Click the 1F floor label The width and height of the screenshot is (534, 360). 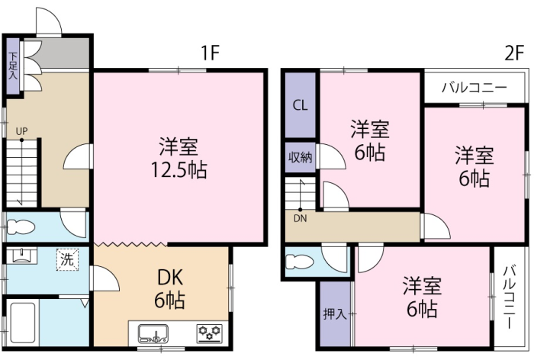coord(210,53)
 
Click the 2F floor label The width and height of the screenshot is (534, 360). coord(514,53)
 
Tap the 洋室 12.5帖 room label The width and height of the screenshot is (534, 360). coord(179,158)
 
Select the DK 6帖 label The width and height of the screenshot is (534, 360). coord(170,288)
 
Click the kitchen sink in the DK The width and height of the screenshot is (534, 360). coord(153,333)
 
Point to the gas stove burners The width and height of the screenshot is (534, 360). coord(210,333)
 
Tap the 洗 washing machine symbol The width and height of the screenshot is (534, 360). coord(67,260)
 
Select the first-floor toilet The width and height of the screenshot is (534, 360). coord(21,227)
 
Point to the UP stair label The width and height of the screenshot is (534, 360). coord(22,131)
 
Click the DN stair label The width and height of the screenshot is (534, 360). coord(300,219)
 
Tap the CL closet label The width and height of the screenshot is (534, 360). coord(300,105)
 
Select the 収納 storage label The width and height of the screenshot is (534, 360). coord(300,157)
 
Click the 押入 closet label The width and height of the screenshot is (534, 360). coord(335,313)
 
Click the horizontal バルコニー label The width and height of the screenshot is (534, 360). coord(474,88)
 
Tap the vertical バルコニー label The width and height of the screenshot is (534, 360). coord(510,297)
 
